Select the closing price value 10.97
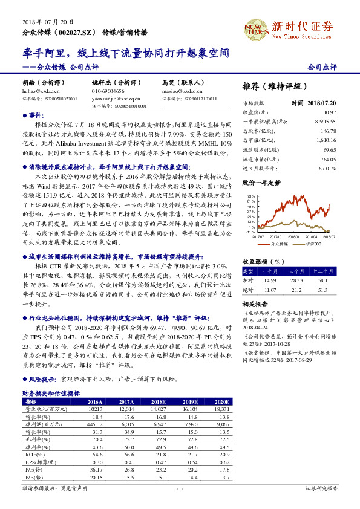pos(330,112)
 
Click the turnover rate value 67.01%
pos(328,167)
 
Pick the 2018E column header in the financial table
pos(158,401)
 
